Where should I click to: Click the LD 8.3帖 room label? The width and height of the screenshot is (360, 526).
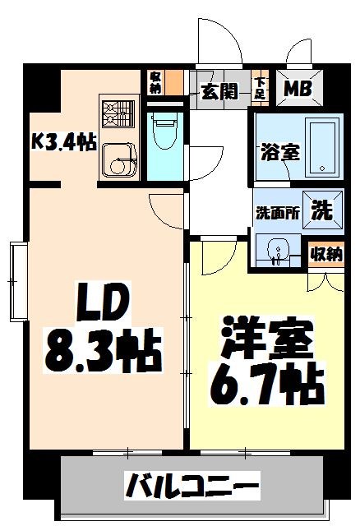[102, 332]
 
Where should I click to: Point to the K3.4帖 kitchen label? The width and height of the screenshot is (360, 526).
[63, 141]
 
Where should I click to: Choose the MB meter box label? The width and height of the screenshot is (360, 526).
[298, 88]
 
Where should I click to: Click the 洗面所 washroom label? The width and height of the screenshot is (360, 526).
[275, 211]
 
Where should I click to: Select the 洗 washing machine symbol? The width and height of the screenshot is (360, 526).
[321, 210]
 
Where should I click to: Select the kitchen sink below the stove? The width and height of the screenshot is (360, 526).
[118, 157]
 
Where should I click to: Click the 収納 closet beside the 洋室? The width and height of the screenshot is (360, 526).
[325, 255]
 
